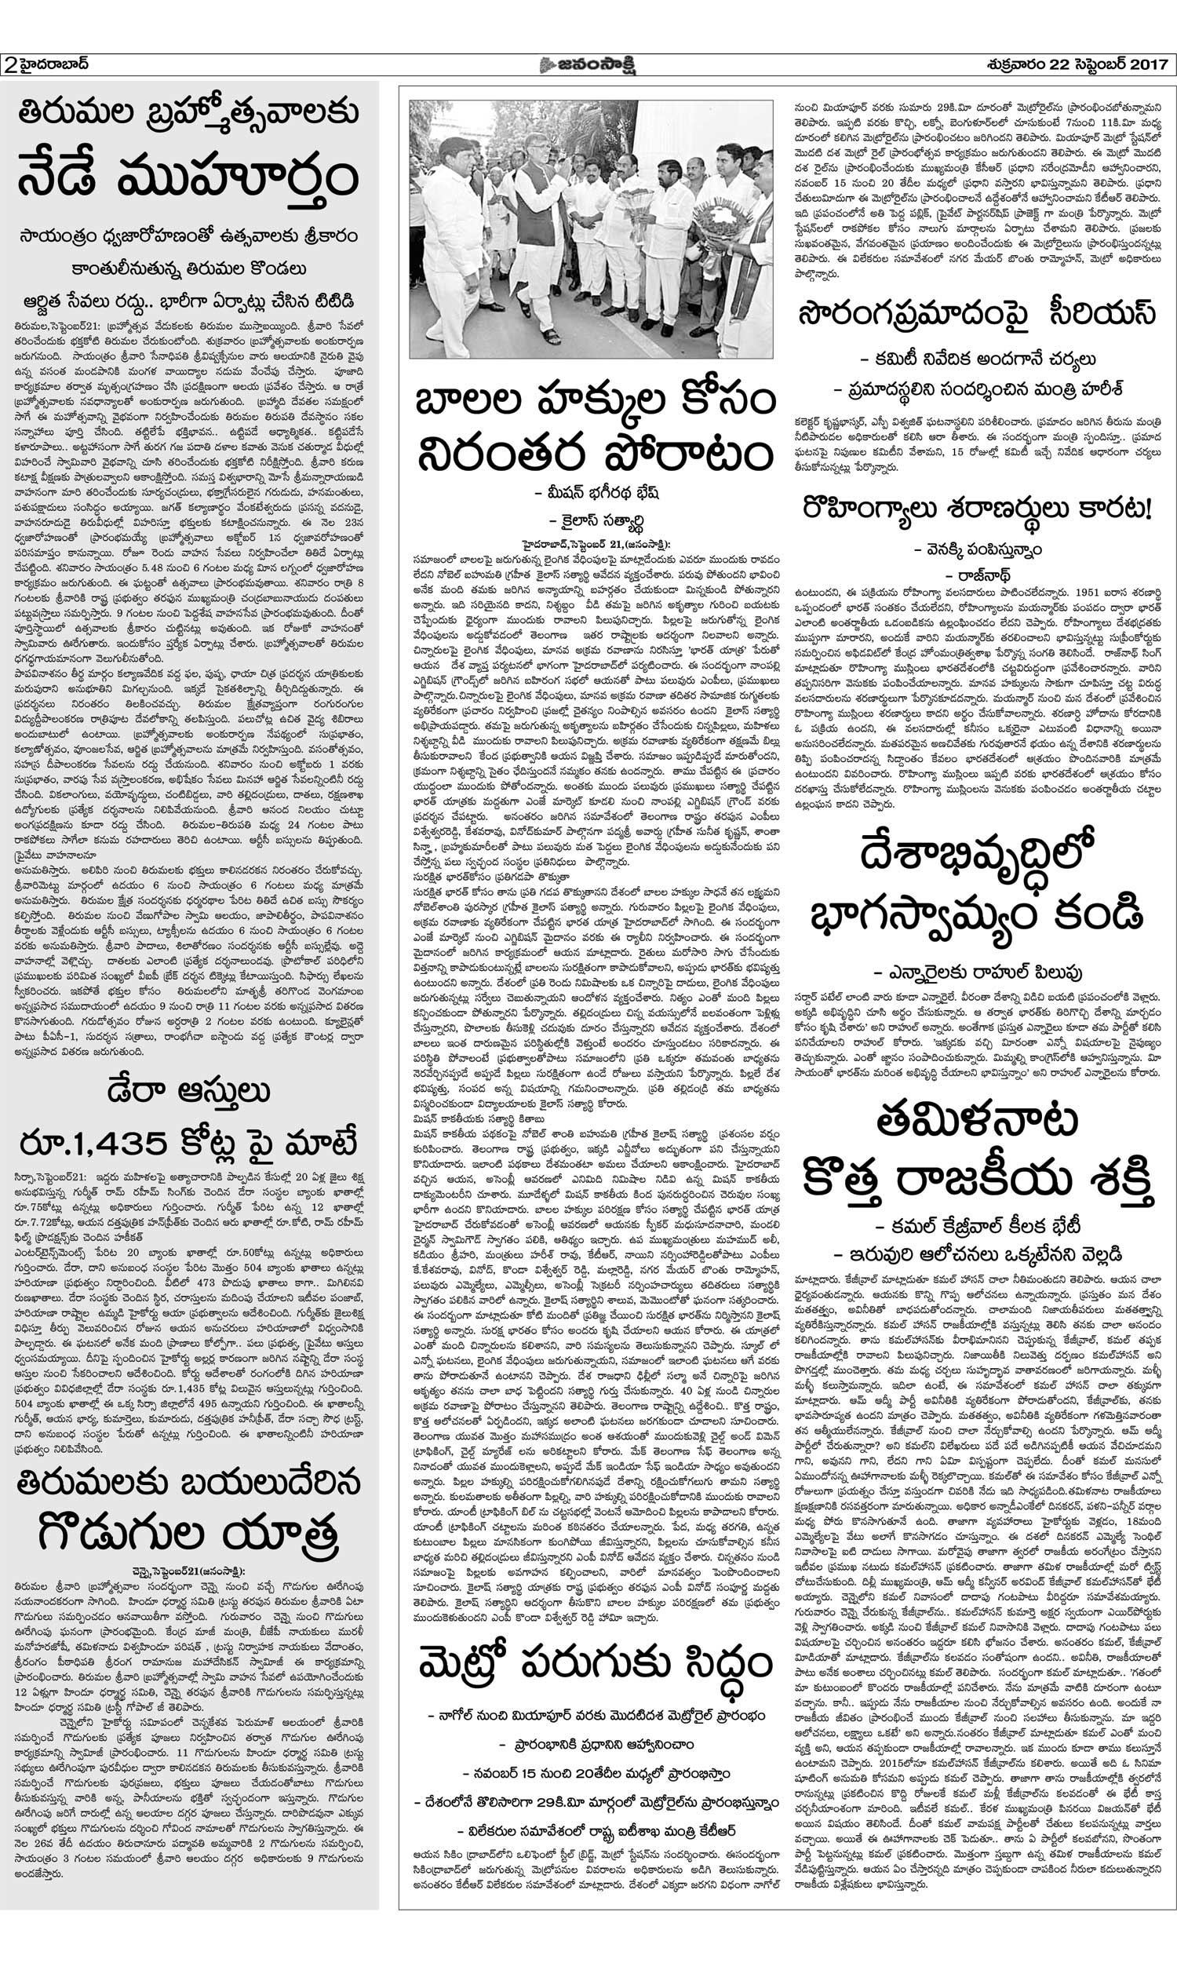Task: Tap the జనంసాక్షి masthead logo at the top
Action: point(588,64)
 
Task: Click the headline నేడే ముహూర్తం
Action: point(188,181)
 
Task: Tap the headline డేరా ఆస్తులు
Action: point(189,1092)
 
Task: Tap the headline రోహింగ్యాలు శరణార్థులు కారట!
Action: point(976,509)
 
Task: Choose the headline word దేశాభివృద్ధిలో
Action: point(976,859)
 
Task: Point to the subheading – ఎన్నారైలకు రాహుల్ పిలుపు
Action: point(976,972)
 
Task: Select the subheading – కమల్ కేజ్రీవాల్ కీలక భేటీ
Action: point(976,1223)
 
